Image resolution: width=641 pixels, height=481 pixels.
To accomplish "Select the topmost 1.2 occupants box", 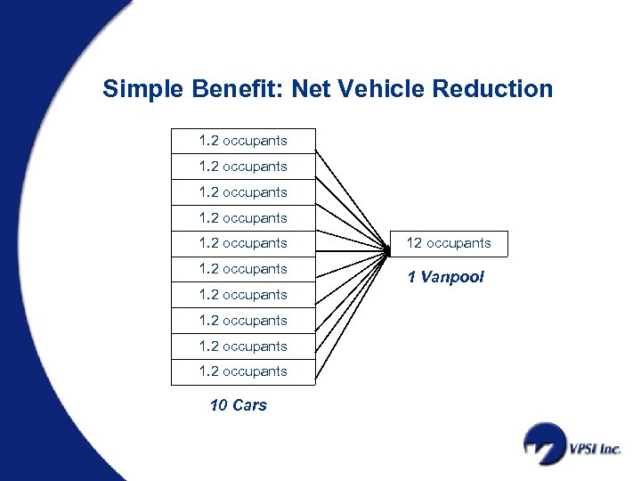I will (x=243, y=141).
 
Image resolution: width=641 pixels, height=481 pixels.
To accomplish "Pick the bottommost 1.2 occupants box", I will (x=243, y=371).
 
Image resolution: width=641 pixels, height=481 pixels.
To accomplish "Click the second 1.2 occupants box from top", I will (x=243, y=167).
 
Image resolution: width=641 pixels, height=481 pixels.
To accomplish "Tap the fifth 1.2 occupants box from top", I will (x=243, y=243).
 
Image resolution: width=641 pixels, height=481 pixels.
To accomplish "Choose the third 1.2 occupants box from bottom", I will (x=243, y=321).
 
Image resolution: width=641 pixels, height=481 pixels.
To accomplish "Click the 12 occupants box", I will (x=449, y=243).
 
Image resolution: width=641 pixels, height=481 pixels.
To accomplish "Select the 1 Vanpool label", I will (x=445, y=277).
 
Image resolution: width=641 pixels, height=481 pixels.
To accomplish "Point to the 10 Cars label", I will (x=238, y=405).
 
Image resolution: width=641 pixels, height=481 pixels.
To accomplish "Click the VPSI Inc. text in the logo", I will (x=596, y=449).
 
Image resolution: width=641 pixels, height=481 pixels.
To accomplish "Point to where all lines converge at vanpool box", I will (x=389, y=252).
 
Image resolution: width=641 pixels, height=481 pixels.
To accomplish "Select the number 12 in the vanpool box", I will (x=414, y=243).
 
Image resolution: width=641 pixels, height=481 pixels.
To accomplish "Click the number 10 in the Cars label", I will (x=218, y=405).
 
